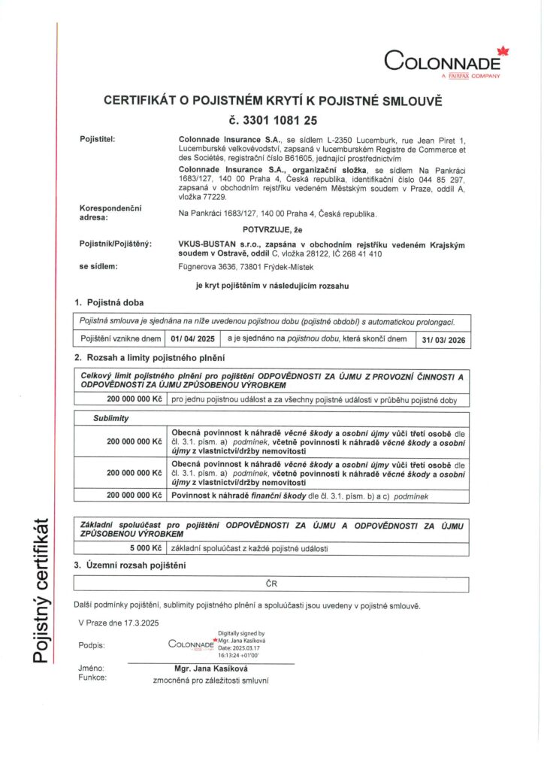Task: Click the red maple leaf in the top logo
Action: click(503, 52)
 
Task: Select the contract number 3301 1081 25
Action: click(272, 119)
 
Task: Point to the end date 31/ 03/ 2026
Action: click(444, 339)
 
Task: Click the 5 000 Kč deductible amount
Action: click(146, 548)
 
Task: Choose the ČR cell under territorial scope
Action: click(271, 584)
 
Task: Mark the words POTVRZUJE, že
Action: click(272, 229)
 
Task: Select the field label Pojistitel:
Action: click(98, 139)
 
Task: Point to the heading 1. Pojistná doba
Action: click(109, 302)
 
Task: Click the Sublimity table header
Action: click(110, 417)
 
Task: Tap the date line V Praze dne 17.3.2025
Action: click(119, 622)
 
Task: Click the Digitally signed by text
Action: click(240, 633)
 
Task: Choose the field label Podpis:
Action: click(91, 645)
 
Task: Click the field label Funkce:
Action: click(92, 678)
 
